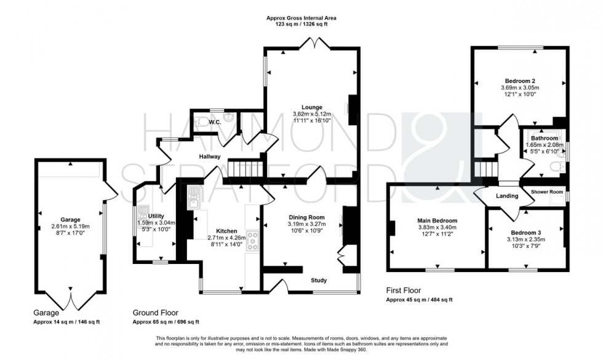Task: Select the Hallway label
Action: tap(209, 157)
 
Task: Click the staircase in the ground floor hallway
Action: tap(246, 167)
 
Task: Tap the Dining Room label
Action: tap(306, 217)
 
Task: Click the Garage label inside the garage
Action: tap(70, 219)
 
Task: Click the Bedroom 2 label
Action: tap(521, 81)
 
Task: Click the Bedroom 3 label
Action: tap(525, 232)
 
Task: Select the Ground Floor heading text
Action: tap(156, 313)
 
